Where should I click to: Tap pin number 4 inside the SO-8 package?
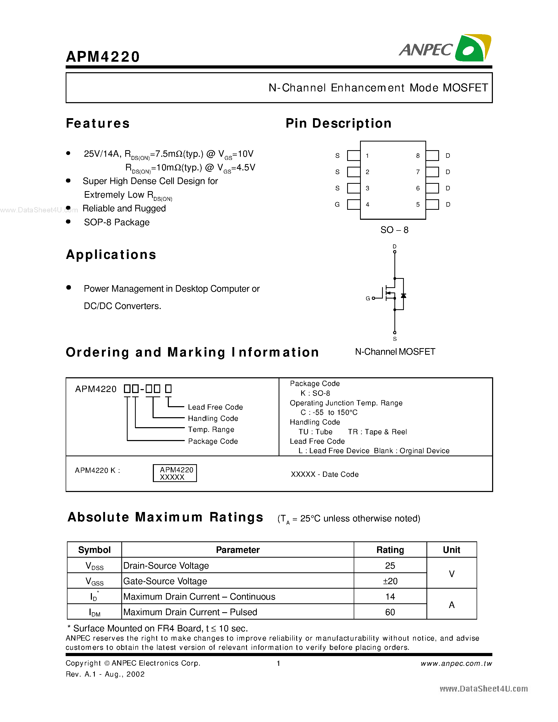tap(367, 205)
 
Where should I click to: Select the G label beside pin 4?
tap(337, 205)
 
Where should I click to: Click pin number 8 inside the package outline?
tap(418, 156)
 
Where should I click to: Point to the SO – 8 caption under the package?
tap(394, 230)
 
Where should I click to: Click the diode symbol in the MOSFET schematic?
tap(403, 296)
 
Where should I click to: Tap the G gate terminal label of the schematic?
tap(368, 299)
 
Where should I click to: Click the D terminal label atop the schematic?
tap(394, 247)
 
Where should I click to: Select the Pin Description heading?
tap(338, 123)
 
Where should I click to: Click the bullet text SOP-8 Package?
tap(116, 222)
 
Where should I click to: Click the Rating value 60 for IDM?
tap(390, 612)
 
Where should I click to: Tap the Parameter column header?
tap(237, 550)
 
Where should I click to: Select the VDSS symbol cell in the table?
tap(94, 566)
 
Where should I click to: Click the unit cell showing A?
tap(452, 605)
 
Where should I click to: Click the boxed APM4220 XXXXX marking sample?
tap(175, 473)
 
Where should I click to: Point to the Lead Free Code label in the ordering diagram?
tap(215, 407)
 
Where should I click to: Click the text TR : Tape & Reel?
tap(377, 432)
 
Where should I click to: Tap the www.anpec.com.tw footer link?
tap(456, 663)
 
